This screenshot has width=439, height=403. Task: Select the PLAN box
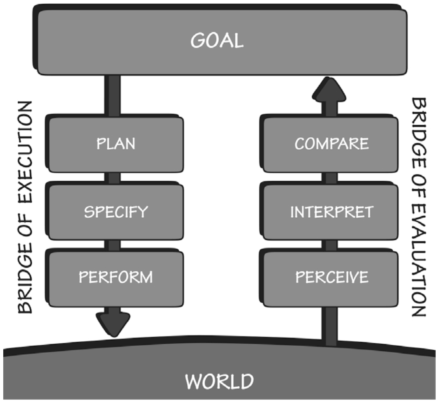point(116,144)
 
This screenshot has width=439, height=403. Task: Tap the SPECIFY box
point(116,211)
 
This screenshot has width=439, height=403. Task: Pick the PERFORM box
point(116,278)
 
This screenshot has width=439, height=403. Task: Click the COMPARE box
point(332,144)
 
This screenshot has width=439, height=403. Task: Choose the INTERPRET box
point(332,211)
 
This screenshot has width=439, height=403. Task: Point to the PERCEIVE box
point(332,278)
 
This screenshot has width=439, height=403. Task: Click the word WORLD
point(219,382)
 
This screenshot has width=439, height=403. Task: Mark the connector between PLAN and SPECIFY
point(114,178)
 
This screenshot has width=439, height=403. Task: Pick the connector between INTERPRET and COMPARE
point(331,178)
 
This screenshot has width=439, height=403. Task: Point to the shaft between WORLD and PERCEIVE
point(330,325)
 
